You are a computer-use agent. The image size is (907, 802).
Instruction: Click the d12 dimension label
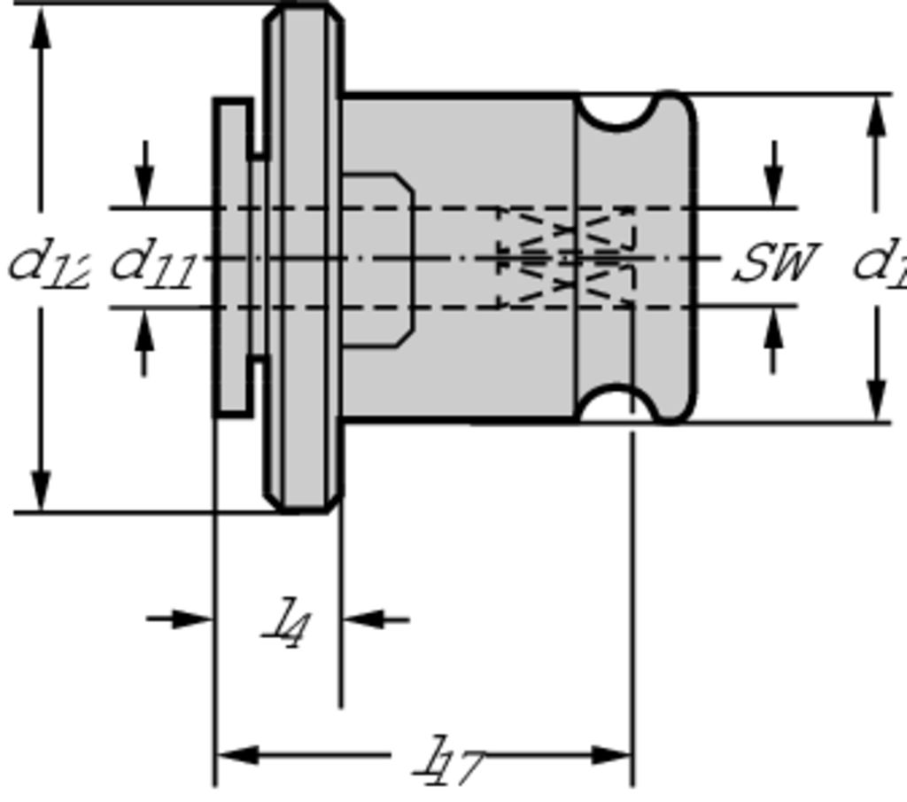pos(49,264)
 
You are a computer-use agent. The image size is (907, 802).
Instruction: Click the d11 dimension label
pos(151,264)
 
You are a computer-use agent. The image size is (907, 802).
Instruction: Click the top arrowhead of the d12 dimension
pos(41,27)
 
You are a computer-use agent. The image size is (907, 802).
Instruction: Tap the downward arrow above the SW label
pos(775,186)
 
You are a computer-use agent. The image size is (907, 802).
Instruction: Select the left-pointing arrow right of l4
pos(363,619)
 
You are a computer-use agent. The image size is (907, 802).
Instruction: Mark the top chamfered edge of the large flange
pos(304,9)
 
